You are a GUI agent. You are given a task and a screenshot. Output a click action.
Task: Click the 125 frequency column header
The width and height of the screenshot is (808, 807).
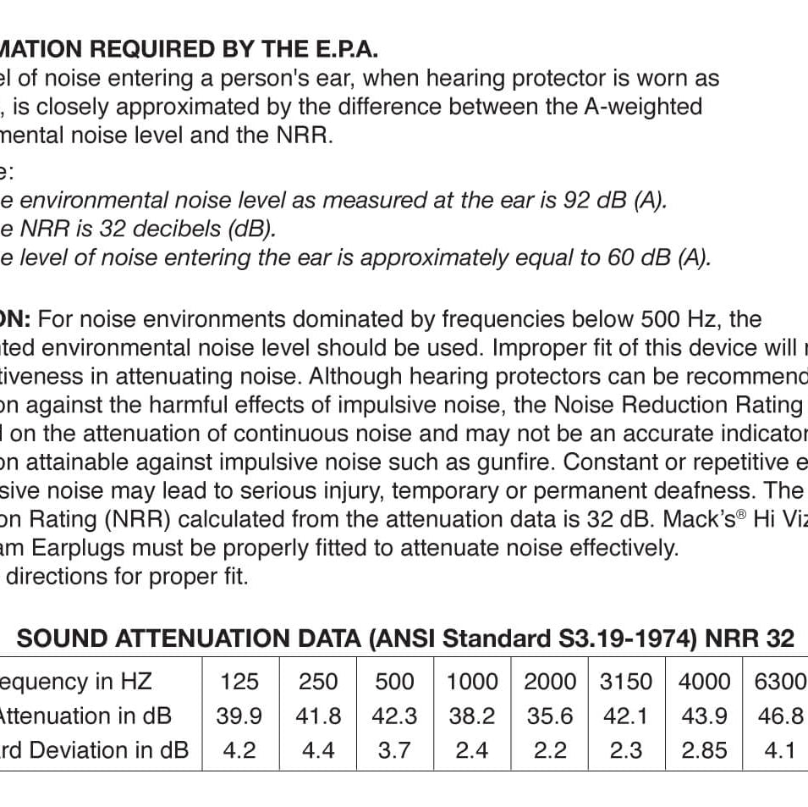[239, 682]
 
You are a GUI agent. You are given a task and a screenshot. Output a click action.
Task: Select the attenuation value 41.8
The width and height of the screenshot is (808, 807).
[318, 716]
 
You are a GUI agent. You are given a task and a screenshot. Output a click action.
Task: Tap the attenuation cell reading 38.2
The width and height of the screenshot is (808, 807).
[471, 716]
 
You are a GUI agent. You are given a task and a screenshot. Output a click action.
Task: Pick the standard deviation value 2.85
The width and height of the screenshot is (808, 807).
[704, 751]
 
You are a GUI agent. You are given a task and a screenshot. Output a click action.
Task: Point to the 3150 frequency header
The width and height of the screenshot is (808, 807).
[626, 682]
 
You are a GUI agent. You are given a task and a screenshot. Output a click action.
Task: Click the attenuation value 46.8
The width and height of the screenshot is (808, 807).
[780, 716]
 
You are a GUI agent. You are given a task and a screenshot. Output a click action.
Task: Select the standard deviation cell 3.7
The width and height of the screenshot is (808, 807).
[394, 751]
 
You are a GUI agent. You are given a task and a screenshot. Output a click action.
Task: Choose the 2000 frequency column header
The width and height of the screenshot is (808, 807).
[550, 682]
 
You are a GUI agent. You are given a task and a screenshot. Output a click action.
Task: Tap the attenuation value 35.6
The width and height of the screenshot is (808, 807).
[550, 716]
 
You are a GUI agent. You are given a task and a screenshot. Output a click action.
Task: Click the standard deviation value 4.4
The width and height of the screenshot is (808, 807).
[318, 751]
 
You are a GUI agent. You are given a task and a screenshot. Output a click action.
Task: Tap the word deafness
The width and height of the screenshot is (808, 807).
[696, 491]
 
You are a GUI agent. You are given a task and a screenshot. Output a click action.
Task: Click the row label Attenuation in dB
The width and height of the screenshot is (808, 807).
[84, 716]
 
